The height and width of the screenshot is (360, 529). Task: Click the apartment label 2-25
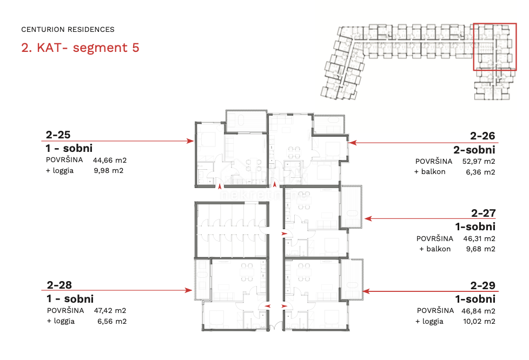[58, 135]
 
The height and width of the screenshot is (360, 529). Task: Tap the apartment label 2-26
[482, 136]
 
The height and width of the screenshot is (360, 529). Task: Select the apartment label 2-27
[483, 213]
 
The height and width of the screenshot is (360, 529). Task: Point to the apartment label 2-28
[59, 285]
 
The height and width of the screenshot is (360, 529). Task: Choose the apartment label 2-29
[483, 285]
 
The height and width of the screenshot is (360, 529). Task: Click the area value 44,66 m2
[110, 160]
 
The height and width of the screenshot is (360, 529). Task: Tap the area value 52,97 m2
[479, 162]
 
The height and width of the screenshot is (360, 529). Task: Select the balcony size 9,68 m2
[481, 249]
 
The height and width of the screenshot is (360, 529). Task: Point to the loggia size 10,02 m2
[479, 321]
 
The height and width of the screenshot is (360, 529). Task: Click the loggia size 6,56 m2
[112, 321]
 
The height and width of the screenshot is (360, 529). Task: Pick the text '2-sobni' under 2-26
[474, 150]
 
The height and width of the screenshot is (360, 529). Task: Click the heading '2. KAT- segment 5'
[80, 48]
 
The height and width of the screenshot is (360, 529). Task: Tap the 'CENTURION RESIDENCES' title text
[68, 30]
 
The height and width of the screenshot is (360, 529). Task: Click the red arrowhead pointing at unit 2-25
[190, 141]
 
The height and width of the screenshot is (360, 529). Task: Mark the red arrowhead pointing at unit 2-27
[368, 219]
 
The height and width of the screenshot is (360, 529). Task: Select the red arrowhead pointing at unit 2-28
[189, 290]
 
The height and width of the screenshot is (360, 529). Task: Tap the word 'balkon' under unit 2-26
[433, 172]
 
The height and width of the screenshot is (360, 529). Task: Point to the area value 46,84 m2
[478, 311]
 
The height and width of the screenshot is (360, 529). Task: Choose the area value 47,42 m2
[110, 310]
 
